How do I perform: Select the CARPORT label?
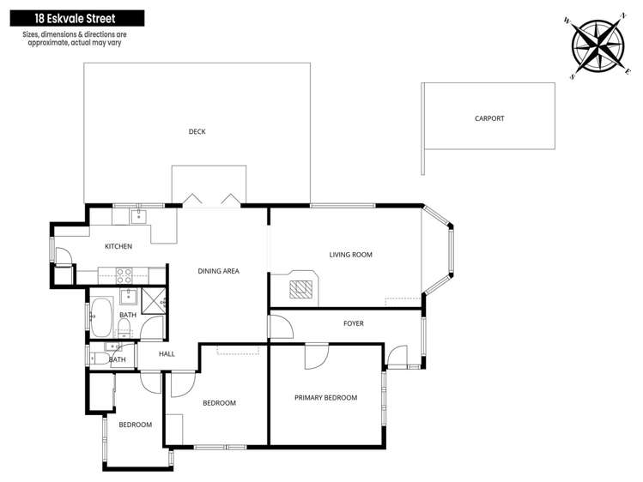pos(489,118)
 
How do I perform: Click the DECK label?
pos(197,131)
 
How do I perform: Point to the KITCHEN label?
pos(118,247)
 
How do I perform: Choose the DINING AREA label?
pos(218,271)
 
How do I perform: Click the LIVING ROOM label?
pos(350,255)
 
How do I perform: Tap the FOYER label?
pos(353,323)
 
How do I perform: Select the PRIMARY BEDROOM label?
pos(325,397)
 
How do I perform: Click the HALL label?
pos(167,353)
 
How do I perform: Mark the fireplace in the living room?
pos(300,286)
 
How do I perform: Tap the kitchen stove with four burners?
pos(122,275)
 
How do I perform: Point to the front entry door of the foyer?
pos(397,355)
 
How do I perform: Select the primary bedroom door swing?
pos(317,354)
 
